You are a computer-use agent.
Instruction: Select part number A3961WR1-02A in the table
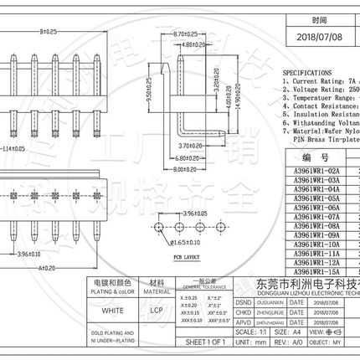click(316, 169)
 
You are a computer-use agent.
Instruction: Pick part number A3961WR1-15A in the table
click(316, 270)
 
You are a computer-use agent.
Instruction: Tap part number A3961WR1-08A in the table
click(316, 224)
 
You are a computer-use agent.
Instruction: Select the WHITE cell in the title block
click(111, 309)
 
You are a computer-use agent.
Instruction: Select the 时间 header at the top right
click(319, 19)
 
